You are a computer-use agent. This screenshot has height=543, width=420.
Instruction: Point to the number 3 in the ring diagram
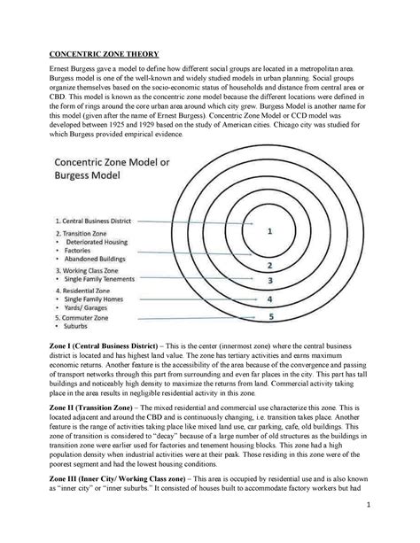(269, 281)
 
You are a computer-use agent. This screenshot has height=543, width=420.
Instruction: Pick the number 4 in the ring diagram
(269, 299)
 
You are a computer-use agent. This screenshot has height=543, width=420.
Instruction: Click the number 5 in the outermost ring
(269, 316)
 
